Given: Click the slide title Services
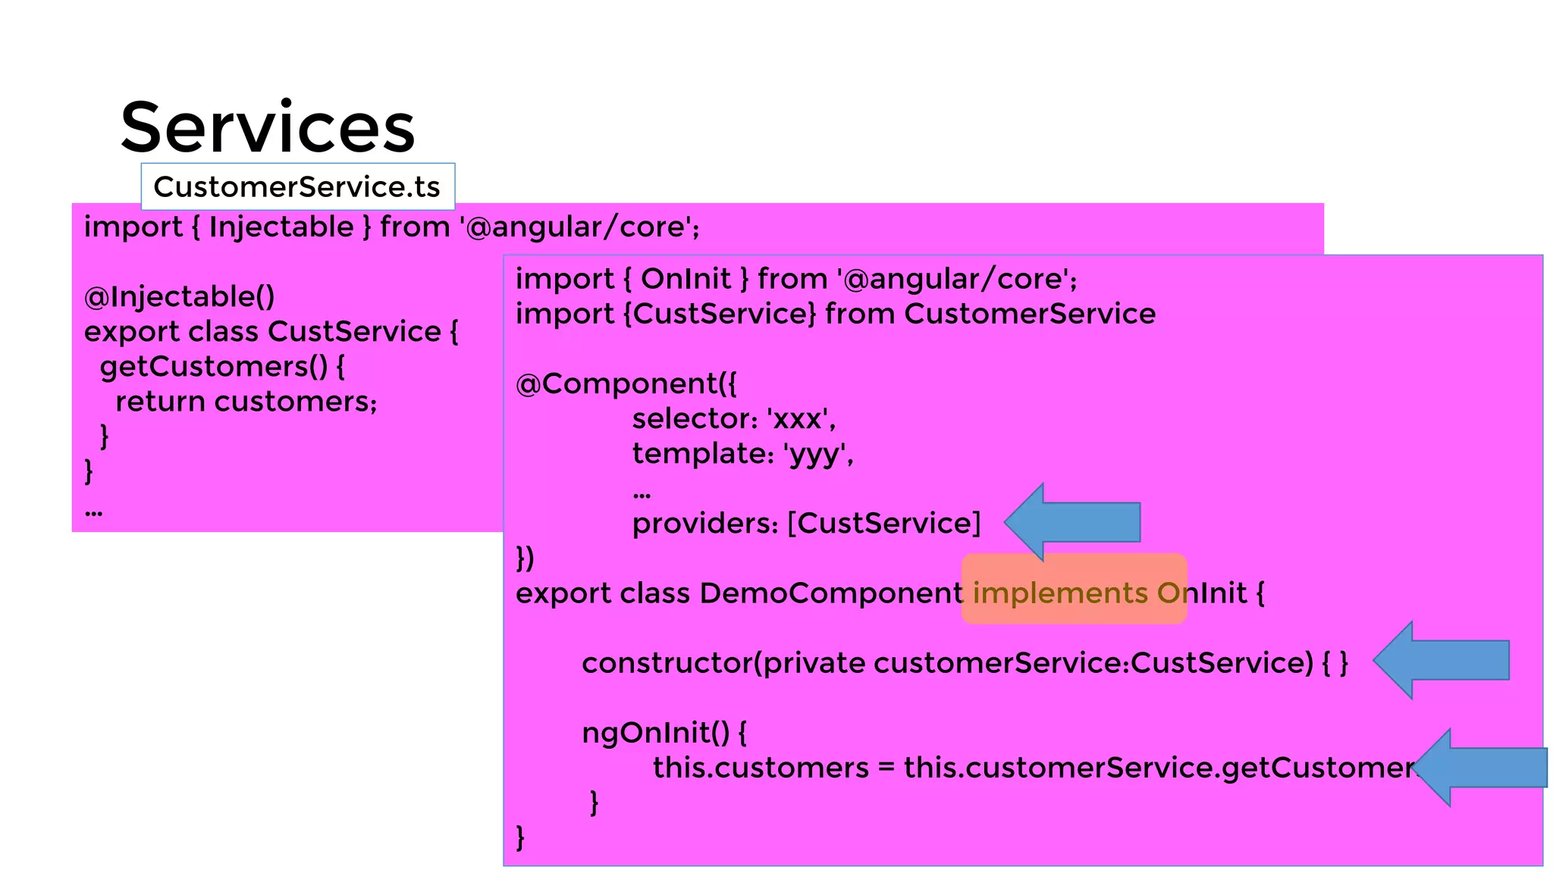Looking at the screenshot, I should point(267,127).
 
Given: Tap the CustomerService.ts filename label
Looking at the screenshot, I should point(297,186).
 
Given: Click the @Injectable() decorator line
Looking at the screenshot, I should point(180,296).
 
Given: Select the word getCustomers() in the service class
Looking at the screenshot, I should point(214,367).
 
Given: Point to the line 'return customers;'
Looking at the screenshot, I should point(246,402).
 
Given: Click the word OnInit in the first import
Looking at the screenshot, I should point(686,279).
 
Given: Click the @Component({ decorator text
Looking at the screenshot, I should point(626,383).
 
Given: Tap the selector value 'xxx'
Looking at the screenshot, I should point(800,418).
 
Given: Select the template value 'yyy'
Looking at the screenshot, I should point(817,453).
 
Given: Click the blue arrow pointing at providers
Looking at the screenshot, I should point(1072,522).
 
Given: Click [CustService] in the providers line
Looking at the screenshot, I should point(884,523).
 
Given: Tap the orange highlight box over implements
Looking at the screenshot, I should point(1074,589).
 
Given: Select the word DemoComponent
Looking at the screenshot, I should point(831,593).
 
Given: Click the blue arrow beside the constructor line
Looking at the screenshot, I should point(1441,660).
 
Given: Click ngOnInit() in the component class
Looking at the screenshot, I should point(656,733).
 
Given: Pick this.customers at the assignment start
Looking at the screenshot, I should point(761,768).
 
